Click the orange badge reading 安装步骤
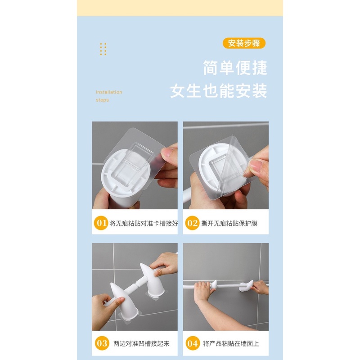pos(244,43)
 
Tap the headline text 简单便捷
pos(235,68)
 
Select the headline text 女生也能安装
pos(219,90)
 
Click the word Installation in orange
pos(109,92)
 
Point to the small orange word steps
pos(102,100)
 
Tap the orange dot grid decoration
pos(103,49)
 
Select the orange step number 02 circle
pos(192,223)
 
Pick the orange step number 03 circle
pos(102,343)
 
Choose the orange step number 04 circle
pos(192,343)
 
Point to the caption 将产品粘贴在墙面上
pos(231,344)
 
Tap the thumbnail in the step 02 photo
pos(255,166)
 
